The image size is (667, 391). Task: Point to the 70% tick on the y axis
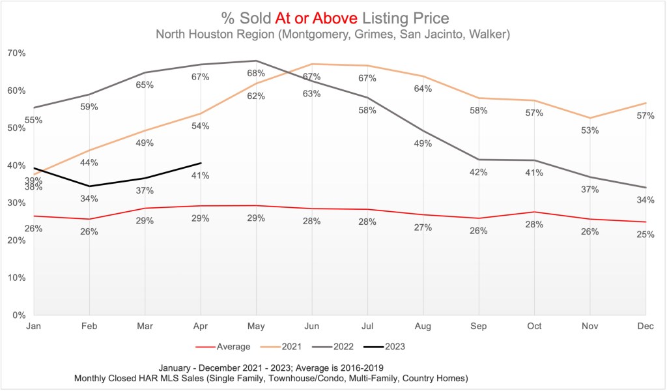[16, 53]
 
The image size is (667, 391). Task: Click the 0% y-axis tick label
[18, 315]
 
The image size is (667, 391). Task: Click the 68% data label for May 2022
[256, 73]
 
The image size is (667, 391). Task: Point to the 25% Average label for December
[646, 234]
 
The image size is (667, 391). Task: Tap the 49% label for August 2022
[423, 143]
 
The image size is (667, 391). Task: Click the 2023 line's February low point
[89, 186]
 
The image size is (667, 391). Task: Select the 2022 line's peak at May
[256, 61]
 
